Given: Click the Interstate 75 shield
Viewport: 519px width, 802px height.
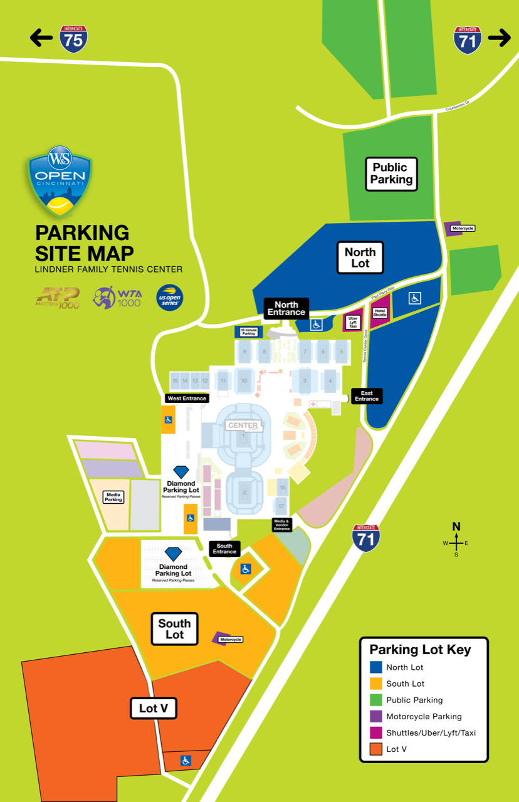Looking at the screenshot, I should (73, 39).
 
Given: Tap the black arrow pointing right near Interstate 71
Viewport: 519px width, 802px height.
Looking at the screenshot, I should (499, 38).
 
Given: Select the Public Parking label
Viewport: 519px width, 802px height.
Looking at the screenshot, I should (391, 174).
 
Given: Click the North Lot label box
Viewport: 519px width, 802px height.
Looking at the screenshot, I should (360, 258).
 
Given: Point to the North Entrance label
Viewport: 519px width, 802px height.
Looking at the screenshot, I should (286, 308).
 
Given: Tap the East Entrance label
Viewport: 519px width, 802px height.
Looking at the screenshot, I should (367, 396).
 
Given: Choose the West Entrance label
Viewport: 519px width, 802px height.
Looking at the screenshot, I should (186, 398).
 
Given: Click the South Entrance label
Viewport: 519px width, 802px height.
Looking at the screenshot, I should (224, 549).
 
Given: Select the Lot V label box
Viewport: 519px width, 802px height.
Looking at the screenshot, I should (154, 709).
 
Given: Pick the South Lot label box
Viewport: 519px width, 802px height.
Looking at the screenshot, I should (174, 629).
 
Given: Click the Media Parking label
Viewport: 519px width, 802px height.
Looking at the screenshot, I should (113, 496).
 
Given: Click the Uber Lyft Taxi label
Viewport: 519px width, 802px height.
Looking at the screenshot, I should (353, 322).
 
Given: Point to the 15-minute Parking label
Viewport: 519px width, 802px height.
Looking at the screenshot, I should (248, 332).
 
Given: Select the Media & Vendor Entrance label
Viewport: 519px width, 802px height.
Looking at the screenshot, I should (282, 524).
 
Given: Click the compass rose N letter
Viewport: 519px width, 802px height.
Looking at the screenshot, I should (456, 526).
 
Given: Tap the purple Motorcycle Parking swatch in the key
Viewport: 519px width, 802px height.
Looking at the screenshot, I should (376, 716).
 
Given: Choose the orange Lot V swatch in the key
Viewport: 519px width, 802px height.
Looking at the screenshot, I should (376, 749).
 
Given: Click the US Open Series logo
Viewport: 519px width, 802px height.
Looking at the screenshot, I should (169, 297).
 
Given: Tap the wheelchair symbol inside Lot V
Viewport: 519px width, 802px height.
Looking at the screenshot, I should (186, 761).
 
